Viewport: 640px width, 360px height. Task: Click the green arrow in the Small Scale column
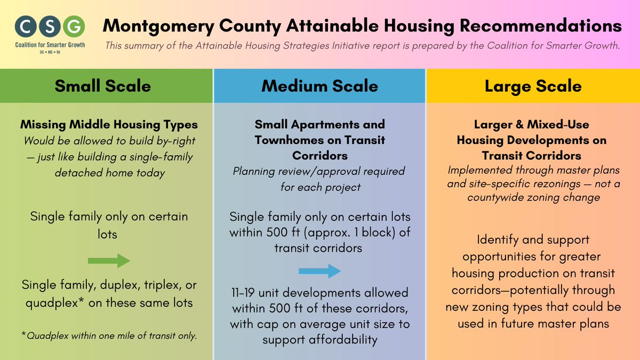pyautogui.click(x=109, y=261)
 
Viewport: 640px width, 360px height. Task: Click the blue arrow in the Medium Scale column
pyautogui.click(x=319, y=271)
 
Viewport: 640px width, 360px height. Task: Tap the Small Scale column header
pyautogui.click(x=102, y=86)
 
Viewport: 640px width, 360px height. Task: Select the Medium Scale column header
pyautogui.click(x=319, y=86)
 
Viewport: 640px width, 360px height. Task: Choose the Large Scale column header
pyautogui.click(x=533, y=86)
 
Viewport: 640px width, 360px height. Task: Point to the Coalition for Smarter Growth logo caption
pyautogui.click(x=50, y=45)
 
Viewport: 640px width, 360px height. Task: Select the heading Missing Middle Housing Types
pyautogui.click(x=109, y=125)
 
